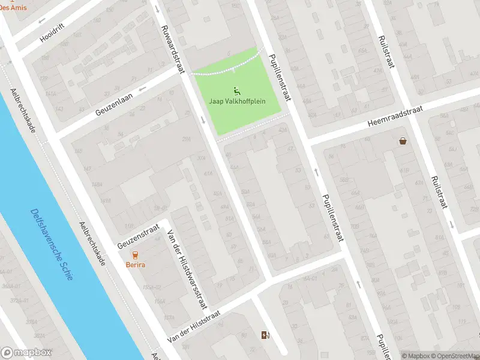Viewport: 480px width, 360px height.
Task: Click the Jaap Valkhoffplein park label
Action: click(236, 102)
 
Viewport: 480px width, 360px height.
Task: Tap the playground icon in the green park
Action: click(236, 91)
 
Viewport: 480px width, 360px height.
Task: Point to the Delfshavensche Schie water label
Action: click(51, 244)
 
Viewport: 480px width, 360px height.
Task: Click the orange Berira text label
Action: click(135, 265)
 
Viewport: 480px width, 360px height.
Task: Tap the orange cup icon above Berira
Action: click(135, 255)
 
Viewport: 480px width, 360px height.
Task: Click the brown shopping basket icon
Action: click(403, 141)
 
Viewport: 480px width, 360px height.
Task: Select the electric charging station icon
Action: click(265, 335)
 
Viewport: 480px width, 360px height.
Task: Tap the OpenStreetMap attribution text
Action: click(455, 356)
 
